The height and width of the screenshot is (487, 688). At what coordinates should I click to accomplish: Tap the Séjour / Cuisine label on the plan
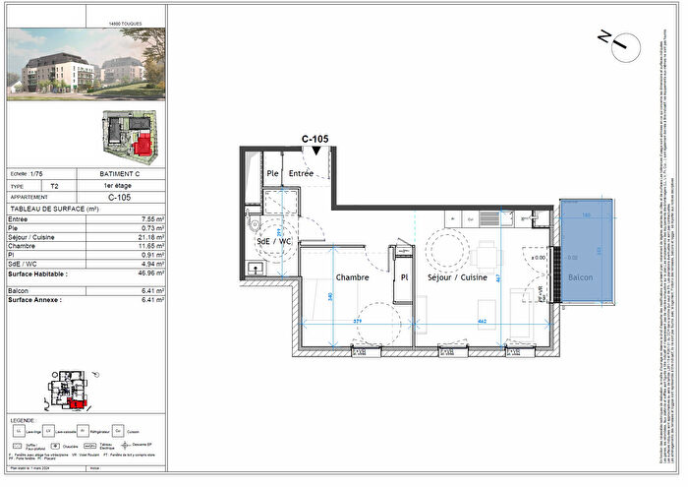tap(457, 278)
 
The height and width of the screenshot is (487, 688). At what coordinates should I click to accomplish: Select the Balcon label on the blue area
tap(581, 278)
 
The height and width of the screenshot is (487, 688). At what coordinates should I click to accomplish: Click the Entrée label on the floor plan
tap(301, 174)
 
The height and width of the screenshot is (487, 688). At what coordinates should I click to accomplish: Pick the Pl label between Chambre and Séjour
tap(403, 278)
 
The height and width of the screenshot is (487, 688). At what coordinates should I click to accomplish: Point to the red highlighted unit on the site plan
tap(143, 146)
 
